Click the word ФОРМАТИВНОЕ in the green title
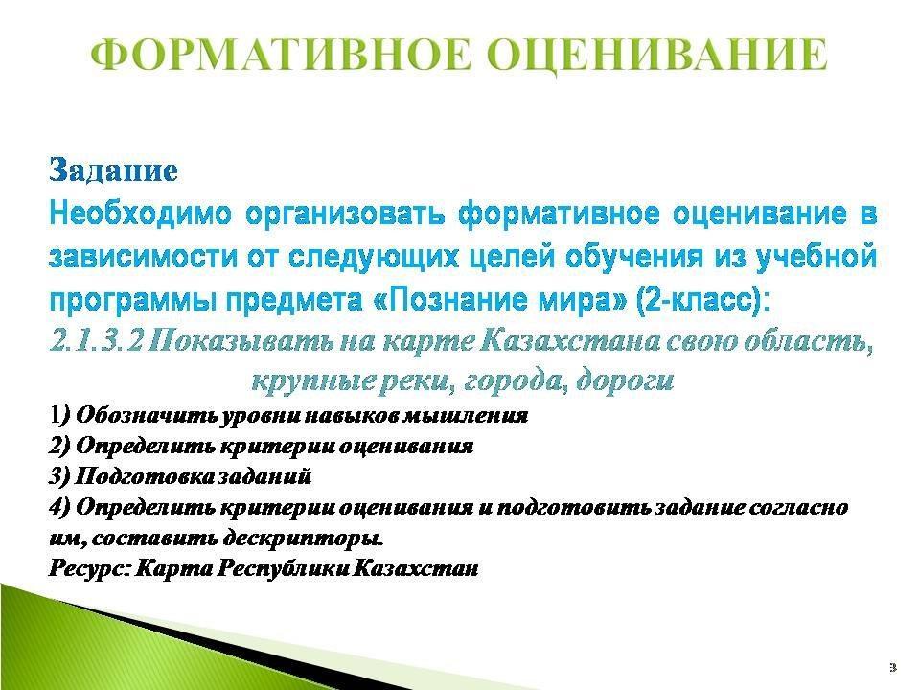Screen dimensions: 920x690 [x=282, y=55]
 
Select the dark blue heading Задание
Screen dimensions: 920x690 [x=113, y=171]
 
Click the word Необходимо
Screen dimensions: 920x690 [x=141, y=215]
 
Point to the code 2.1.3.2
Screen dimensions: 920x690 [x=96, y=341]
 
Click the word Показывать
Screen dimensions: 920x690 [x=241, y=341]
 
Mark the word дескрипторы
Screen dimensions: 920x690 [x=304, y=538]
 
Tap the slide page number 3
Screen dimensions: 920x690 [x=893, y=667]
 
